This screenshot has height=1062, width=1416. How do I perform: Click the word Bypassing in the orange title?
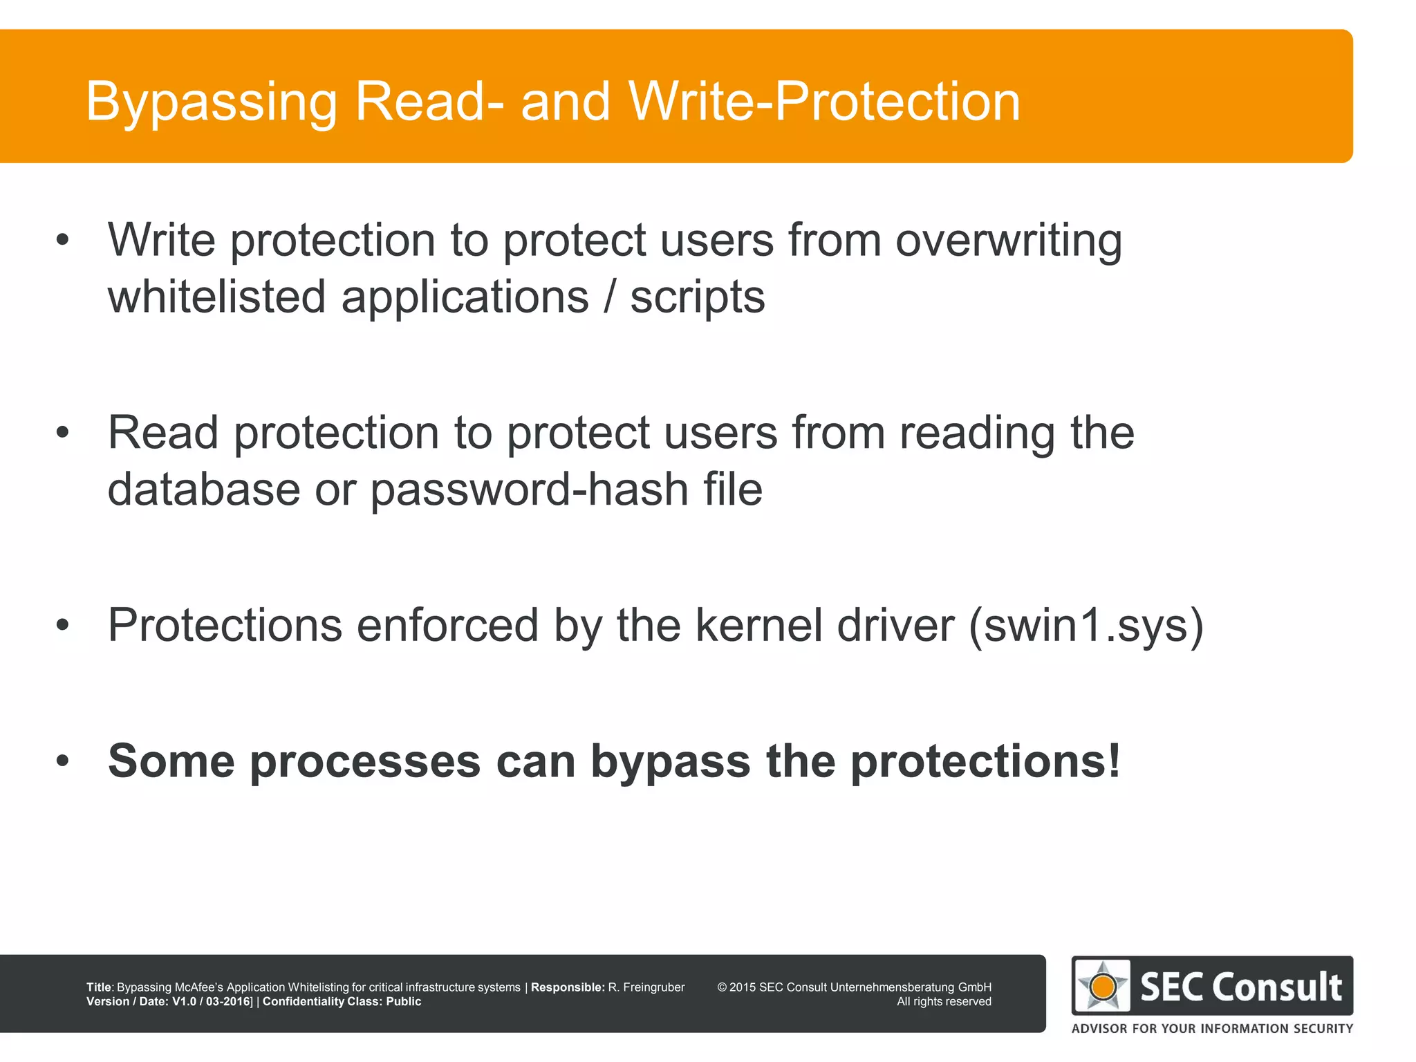tap(212, 102)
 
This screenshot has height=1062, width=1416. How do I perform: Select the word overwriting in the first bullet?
tap(1008, 241)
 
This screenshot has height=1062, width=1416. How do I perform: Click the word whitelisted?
tap(216, 297)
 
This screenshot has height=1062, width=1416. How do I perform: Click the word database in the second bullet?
tap(203, 490)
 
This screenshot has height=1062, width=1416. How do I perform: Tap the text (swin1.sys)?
tap(1086, 626)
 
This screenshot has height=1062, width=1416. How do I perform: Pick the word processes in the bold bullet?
tap(364, 761)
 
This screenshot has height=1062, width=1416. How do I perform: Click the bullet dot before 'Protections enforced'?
tap(63, 625)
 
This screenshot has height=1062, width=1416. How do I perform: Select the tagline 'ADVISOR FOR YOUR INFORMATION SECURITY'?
tap(1212, 1028)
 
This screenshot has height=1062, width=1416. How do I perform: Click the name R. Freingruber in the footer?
tap(646, 987)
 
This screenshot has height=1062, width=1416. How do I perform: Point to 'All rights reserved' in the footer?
tap(944, 1002)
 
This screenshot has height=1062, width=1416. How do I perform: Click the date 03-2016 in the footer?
tap(227, 1002)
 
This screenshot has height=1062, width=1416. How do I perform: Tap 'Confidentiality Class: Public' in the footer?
tap(342, 1002)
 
